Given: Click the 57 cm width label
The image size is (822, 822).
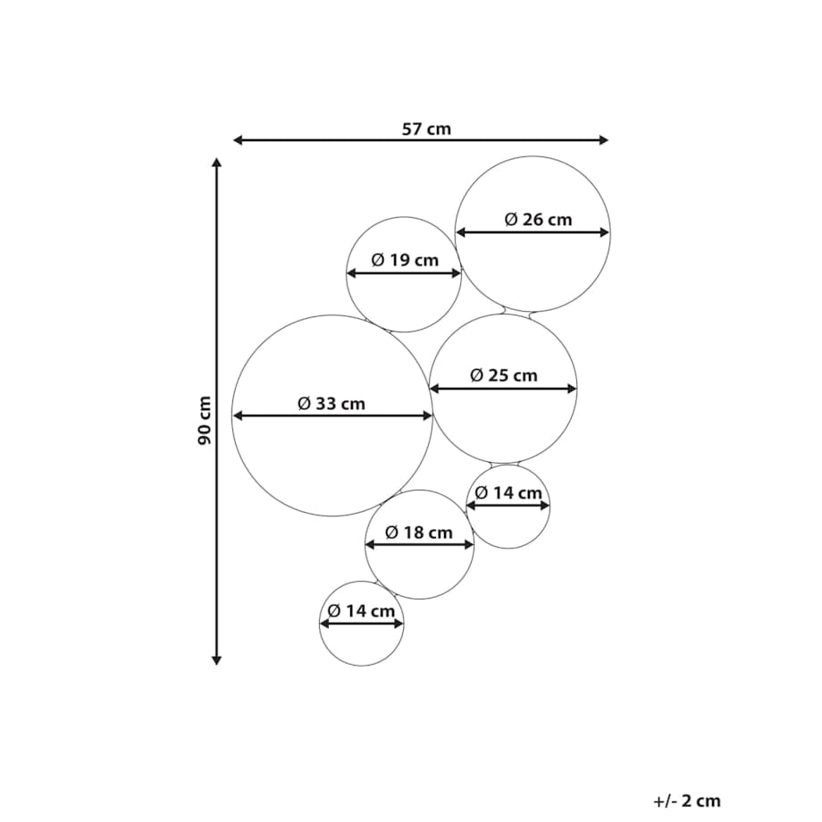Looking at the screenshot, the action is (426, 129).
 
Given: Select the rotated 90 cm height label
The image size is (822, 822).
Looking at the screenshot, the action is (204, 421).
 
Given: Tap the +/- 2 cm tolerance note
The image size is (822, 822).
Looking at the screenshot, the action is (687, 801).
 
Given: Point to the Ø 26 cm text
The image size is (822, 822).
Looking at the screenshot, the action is (538, 219).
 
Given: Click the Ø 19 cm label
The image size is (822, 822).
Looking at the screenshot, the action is (405, 260).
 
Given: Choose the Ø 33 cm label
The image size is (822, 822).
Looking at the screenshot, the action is (331, 404).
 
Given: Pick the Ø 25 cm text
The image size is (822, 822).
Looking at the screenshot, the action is (504, 375).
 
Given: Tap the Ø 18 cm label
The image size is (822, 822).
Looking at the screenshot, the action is (419, 533).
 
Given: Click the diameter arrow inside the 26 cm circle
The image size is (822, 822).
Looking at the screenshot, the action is (533, 232).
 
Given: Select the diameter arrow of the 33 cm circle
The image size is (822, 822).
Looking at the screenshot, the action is (332, 415).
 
